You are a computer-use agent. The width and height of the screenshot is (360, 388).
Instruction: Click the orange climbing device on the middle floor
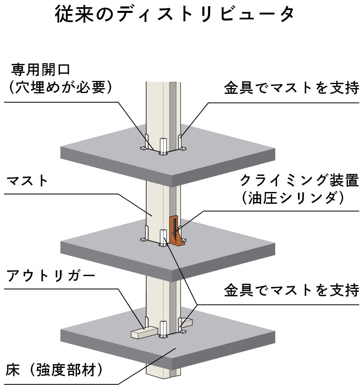click(x=176, y=233)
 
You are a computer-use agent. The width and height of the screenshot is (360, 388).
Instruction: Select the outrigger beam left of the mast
click(x=143, y=332)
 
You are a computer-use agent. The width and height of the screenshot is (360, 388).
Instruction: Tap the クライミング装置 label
click(x=298, y=180)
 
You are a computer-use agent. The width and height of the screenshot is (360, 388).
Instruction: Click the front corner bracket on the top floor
click(x=163, y=147)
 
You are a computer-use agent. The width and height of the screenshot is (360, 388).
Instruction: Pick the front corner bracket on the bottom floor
click(x=163, y=330)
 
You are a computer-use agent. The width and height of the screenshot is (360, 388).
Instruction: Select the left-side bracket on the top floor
click(x=146, y=143)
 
